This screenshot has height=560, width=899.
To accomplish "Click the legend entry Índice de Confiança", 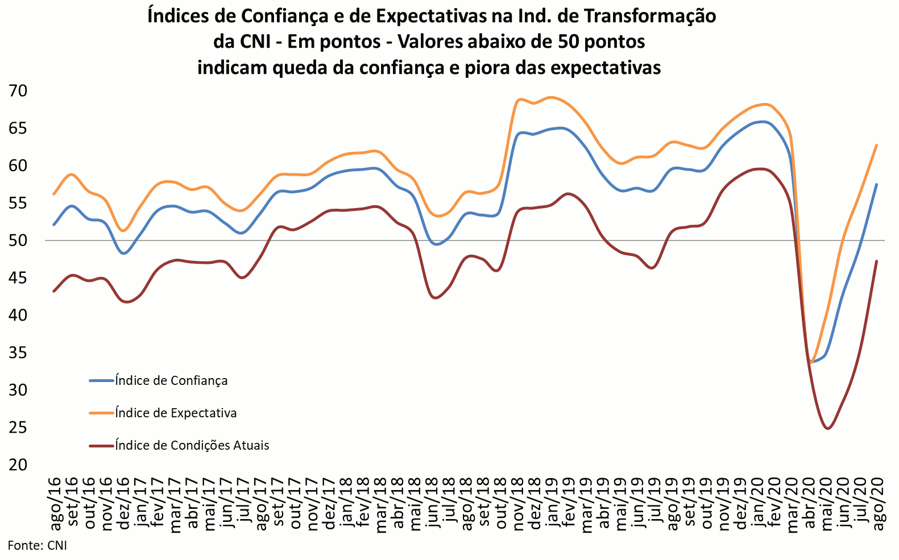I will (x=171, y=380).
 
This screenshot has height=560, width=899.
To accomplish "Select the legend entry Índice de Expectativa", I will (x=175, y=413).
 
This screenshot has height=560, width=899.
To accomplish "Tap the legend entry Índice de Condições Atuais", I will (x=192, y=445).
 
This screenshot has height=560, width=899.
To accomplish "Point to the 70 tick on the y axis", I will (x=18, y=91).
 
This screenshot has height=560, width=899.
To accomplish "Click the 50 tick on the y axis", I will (x=18, y=240).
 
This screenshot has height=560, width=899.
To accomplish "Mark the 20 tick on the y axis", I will (x=18, y=464).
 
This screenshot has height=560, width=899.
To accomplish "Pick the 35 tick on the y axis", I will (x=18, y=352).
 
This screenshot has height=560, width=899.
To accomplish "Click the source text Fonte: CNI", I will (x=38, y=546).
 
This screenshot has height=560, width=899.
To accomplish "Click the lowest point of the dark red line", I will (x=827, y=429).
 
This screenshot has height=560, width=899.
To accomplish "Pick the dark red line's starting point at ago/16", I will (x=53, y=291).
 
